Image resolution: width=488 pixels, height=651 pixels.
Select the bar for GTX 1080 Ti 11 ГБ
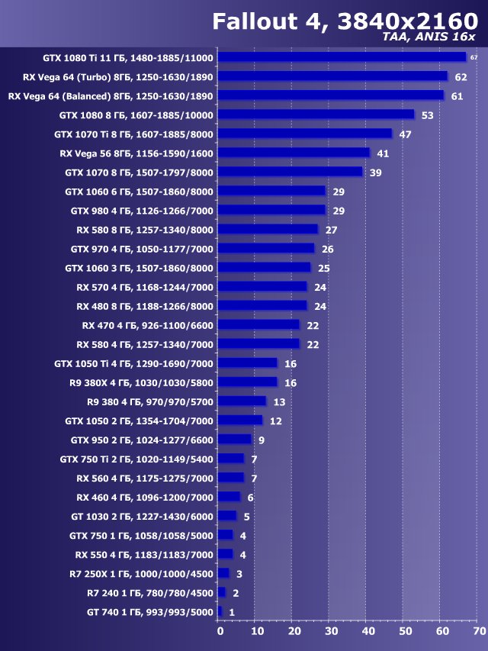pos(342,57)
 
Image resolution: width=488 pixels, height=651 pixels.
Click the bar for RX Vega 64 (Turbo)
pos(332,76)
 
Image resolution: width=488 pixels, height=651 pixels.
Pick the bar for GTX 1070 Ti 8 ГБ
pos(305,134)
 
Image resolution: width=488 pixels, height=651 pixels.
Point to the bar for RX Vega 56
pos(294,153)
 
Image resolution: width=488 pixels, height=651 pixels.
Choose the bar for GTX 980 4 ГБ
pos(271,210)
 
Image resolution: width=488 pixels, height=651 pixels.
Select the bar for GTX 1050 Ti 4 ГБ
pos(247,363)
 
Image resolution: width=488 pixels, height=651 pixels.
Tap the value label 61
pos(457,96)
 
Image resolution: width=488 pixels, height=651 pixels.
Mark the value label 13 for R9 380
pos(278,401)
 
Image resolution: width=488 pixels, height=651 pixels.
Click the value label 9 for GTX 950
pos(261,440)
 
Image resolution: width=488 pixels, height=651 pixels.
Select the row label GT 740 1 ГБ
pos(150,611)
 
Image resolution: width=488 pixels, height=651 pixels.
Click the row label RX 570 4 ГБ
pos(145,287)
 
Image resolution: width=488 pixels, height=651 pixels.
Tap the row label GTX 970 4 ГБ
pos(142,249)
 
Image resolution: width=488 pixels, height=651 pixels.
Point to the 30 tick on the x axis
pos(332,631)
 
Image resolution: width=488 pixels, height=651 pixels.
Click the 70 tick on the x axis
pos(479,631)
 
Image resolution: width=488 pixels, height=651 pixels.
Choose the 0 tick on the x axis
pos(220,631)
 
